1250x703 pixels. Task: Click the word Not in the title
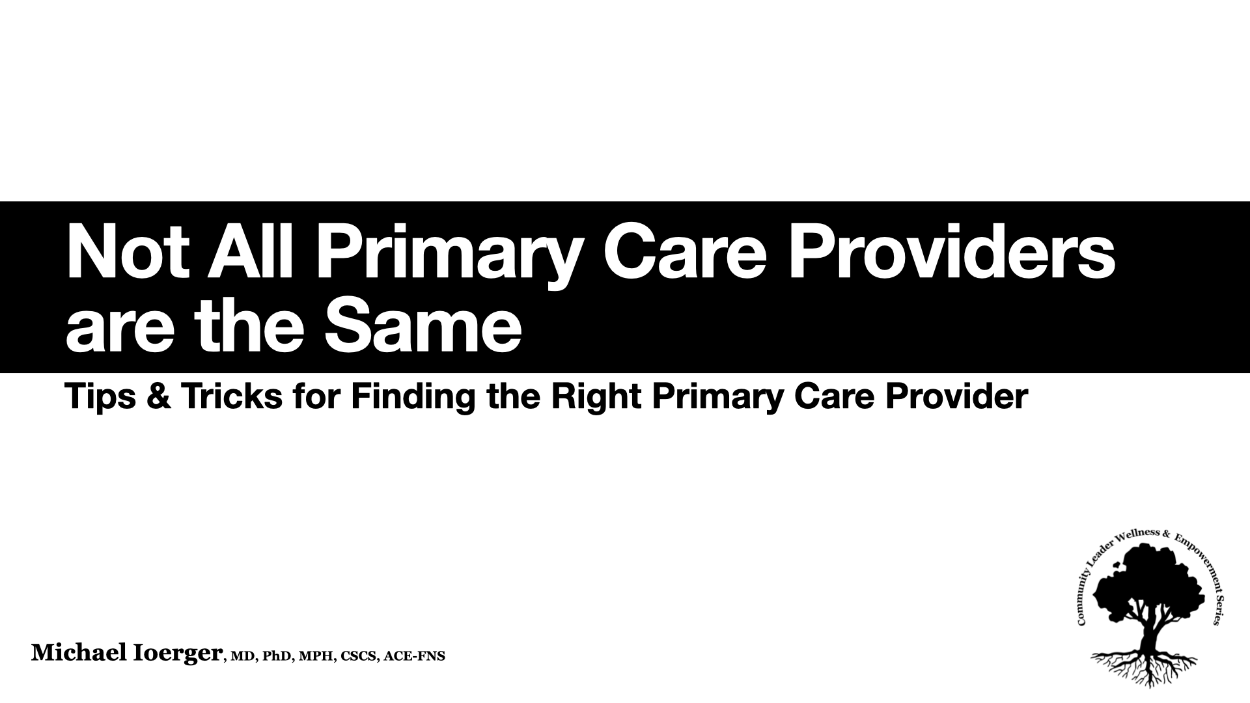click(x=128, y=253)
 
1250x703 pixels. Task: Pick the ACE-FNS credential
click(x=414, y=656)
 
